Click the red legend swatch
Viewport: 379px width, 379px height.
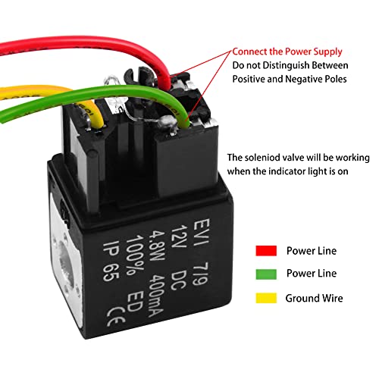pyautogui.click(x=266, y=251)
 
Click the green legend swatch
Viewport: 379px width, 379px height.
pyautogui.click(x=266, y=274)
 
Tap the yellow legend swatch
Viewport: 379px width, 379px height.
pyautogui.click(x=266, y=298)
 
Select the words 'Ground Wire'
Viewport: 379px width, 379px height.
pyautogui.click(x=314, y=298)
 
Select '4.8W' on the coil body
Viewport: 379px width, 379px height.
pyautogui.click(x=157, y=246)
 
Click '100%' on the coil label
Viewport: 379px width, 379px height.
pyautogui.click(x=134, y=255)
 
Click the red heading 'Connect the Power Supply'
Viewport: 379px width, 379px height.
pyautogui.click(x=287, y=52)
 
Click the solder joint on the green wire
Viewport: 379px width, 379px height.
pyautogui.click(x=167, y=122)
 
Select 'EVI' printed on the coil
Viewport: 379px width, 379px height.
pyautogui.click(x=202, y=231)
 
